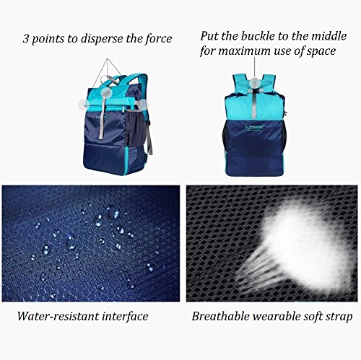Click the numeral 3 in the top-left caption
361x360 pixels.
pos(25,39)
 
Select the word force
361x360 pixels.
pos(159,39)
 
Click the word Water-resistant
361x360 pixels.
pos(58,316)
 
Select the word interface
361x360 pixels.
pos(125,316)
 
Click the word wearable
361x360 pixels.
pos(276,316)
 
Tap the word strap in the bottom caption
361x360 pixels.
pos(339,317)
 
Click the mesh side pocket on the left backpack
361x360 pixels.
pos(136,128)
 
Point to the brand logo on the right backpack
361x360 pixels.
pos(253,126)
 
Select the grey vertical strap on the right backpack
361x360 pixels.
pos(255,103)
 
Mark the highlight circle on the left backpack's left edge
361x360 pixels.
pos(84,105)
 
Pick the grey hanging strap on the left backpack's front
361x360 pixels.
pos(103,115)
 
